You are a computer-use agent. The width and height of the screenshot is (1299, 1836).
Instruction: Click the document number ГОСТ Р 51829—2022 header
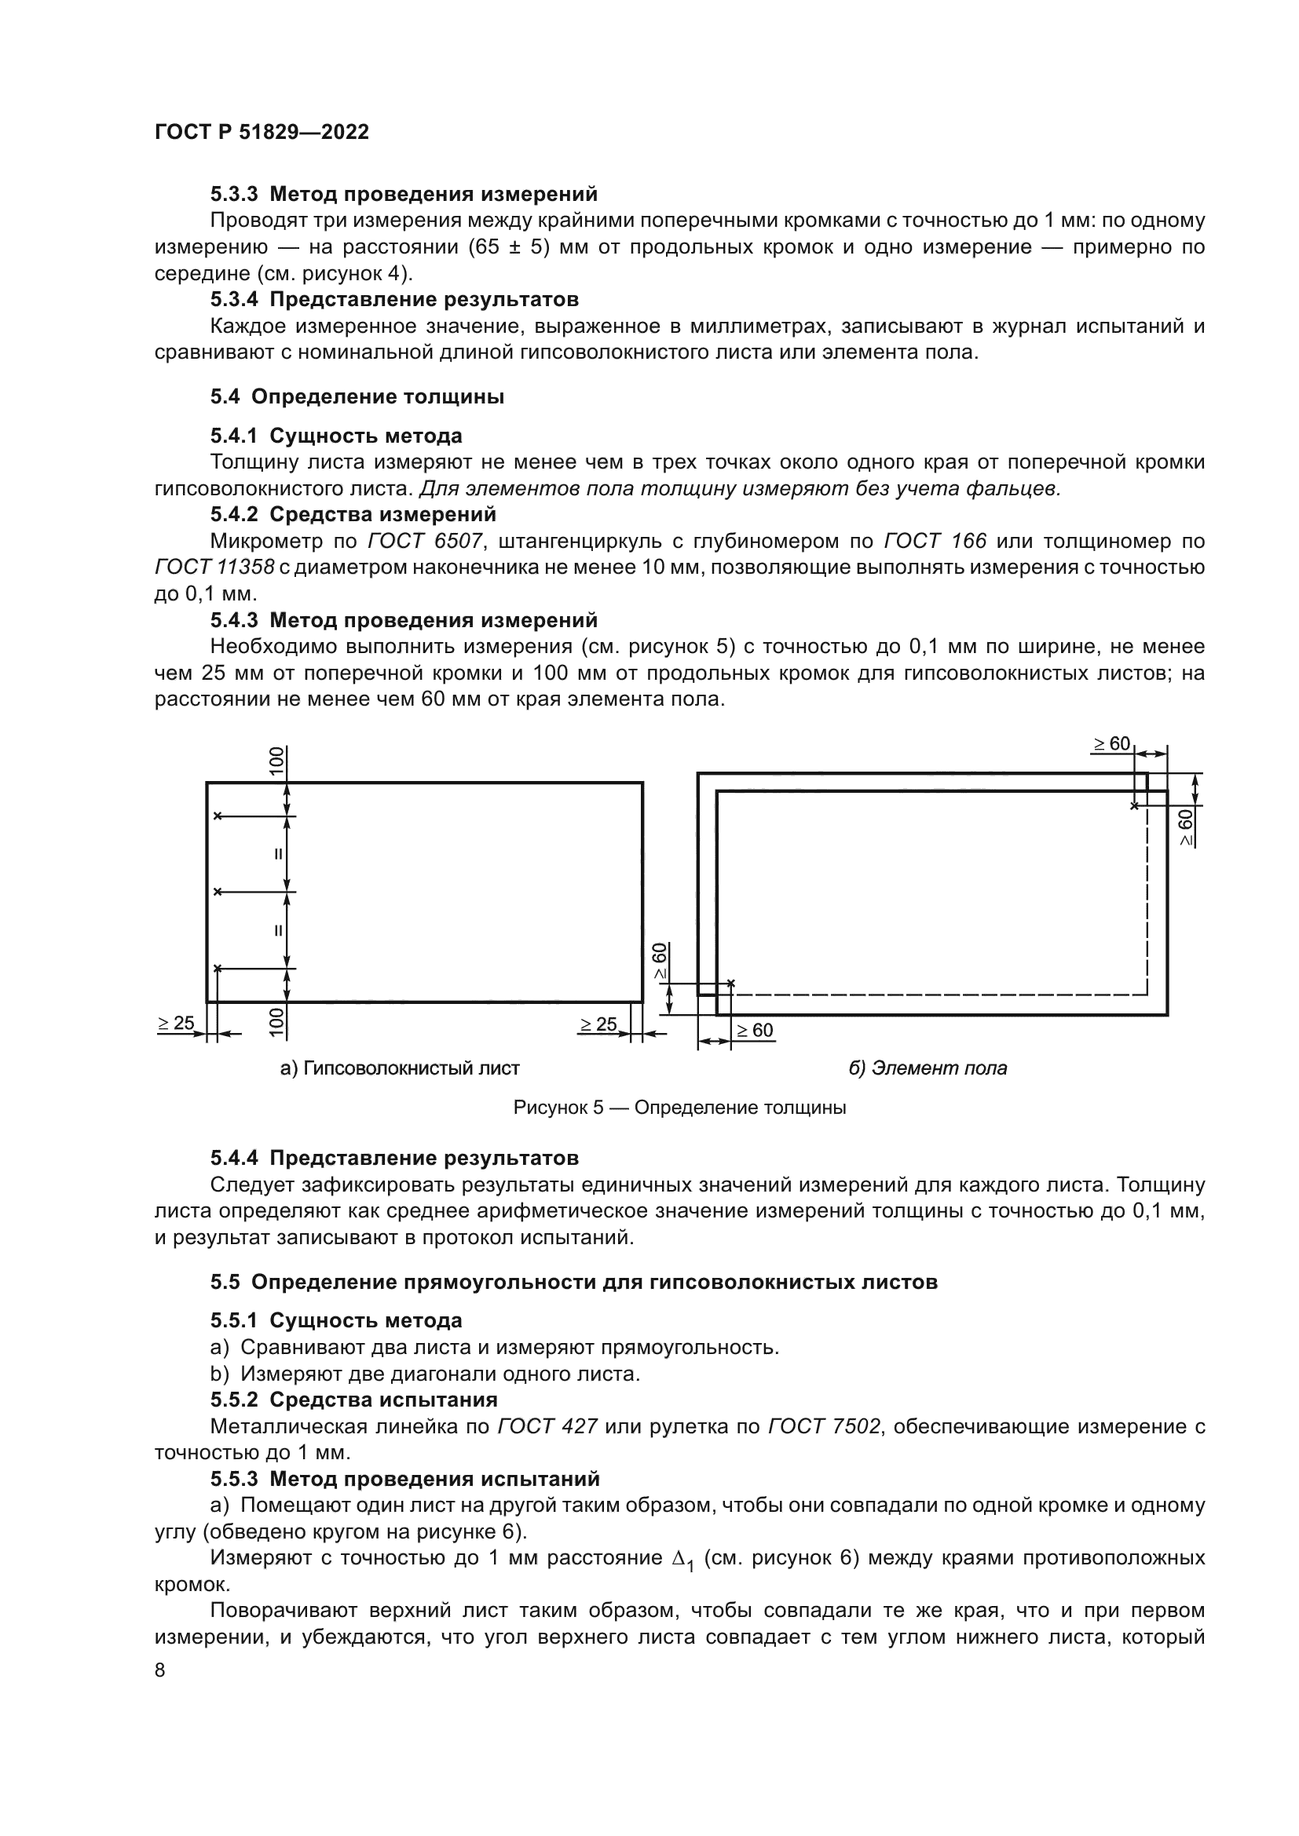[262, 132]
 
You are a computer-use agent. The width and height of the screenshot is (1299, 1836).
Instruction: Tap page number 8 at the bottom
[160, 1670]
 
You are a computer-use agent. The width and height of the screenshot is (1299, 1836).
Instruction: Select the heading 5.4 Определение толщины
[357, 396]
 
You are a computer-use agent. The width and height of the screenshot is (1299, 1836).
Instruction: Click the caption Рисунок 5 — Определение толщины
[679, 1108]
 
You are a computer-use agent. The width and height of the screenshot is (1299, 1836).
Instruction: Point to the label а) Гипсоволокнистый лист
[400, 1068]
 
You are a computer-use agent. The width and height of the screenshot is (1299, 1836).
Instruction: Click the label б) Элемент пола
[927, 1068]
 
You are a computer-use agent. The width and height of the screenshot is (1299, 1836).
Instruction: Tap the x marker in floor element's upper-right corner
[1133, 806]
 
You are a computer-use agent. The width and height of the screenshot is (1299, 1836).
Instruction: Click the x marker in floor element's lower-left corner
[730, 984]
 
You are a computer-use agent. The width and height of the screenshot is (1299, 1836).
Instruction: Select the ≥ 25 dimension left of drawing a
[176, 1024]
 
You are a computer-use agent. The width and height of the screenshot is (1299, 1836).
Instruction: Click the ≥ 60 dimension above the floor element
[1112, 744]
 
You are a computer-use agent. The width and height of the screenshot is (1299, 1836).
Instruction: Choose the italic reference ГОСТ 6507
[425, 542]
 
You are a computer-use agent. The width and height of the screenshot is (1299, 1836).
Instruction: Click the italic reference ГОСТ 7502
[824, 1426]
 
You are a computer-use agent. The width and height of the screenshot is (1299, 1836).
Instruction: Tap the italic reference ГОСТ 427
[547, 1426]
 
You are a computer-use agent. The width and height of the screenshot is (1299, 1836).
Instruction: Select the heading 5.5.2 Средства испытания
[353, 1400]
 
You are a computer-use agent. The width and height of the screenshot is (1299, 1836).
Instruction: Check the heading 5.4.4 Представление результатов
[394, 1158]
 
